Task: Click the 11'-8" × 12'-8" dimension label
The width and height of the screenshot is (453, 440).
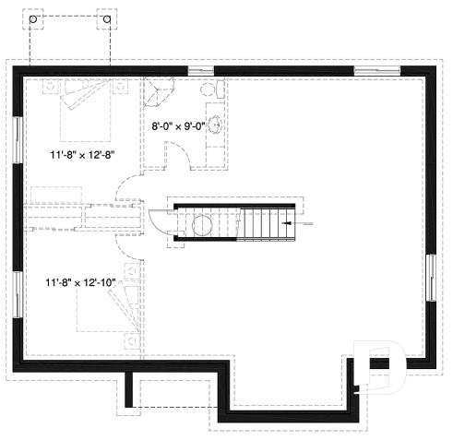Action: tap(82, 157)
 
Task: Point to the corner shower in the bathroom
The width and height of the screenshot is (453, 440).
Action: tap(158, 93)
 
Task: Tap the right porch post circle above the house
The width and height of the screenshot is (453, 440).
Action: tap(106, 18)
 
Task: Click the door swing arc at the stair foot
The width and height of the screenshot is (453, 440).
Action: tap(159, 222)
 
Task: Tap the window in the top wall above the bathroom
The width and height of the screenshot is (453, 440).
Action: tap(200, 71)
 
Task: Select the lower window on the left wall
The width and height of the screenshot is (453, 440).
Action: tap(18, 295)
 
